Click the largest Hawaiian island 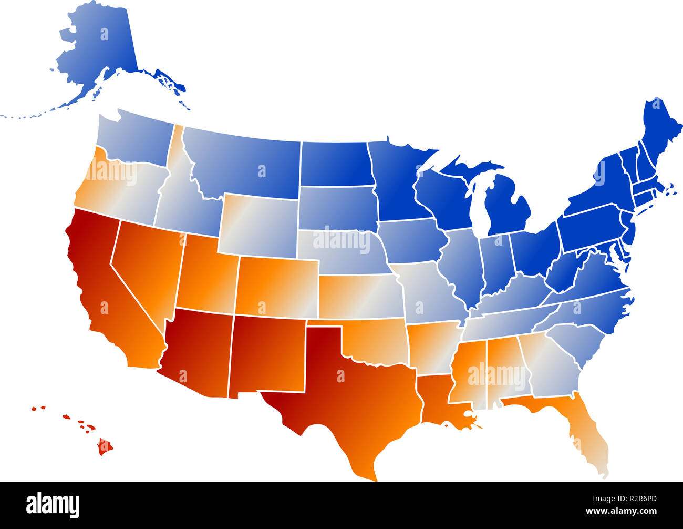105,447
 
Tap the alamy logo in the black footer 53,505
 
